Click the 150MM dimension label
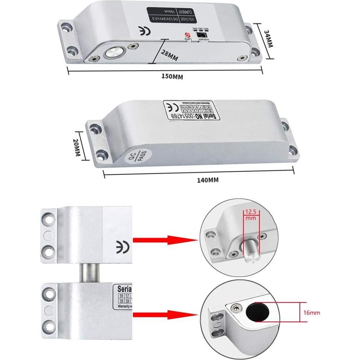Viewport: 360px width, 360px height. [172, 77]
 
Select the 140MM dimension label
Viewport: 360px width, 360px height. [208, 181]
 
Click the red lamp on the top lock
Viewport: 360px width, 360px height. [187, 34]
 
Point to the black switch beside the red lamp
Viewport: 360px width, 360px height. [199, 34]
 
